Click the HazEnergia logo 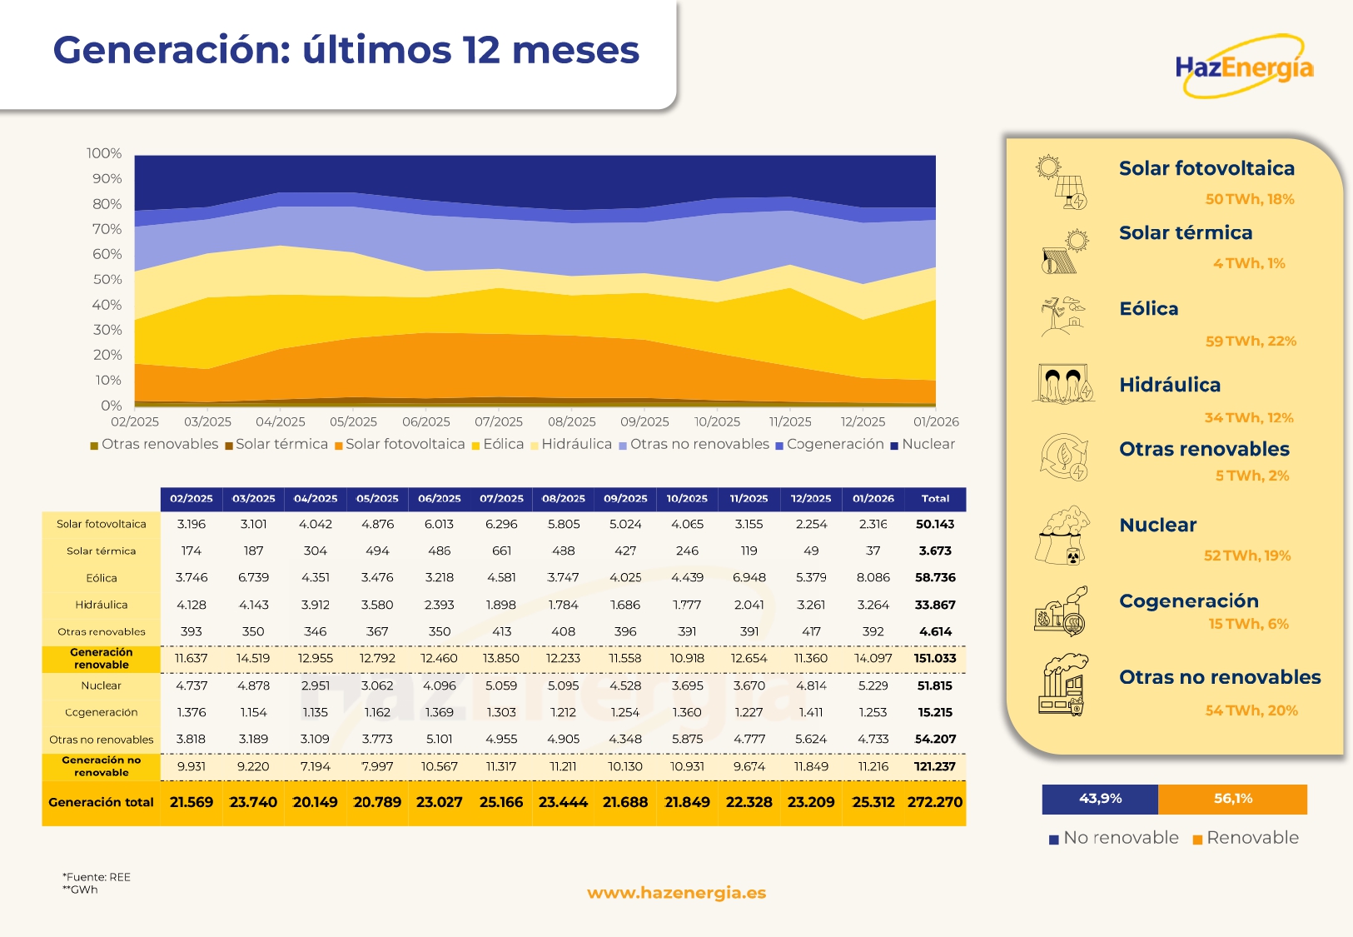pyautogui.click(x=1244, y=67)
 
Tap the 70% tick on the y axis pyautogui.click(x=107, y=229)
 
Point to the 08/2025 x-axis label pyautogui.click(x=571, y=422)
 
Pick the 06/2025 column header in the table pyautogui.click(x=439, y=499)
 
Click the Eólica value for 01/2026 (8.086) pyautogui.click(x=873, y=577)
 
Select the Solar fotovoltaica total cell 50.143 pyautogui.click(x=934, y=524)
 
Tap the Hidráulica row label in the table pyautogui.click(x=101, y=605)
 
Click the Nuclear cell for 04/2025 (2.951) pyautogui.click(x=315, y=685)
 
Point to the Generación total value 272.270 pyautogui.click(x=934, y=802)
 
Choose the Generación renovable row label pyautogui.click(x=101, y=659)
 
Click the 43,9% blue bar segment pyautogui.click(x=1099, y=799)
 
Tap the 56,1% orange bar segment pyautogui.click(x=1232, y=799)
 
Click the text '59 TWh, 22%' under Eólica pyautogui.click(x=1251, y=341)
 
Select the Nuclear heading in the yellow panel pyautogui.click(x=1157, y=526)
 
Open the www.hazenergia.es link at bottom pyautogui.click(x=676, y=893)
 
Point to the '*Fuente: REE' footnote pyautogui.click(x=97, y=877)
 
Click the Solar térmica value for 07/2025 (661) pyautogui.click(x=501, y=551)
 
